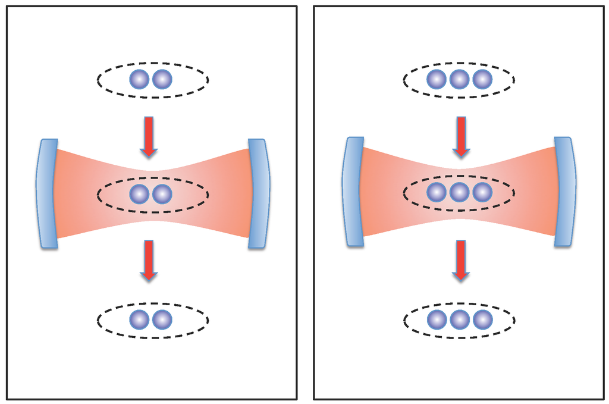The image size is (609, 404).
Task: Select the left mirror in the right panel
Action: [353, 191]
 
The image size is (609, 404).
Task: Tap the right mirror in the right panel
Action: [565, 191]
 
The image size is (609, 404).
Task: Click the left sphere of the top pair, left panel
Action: [139, 79]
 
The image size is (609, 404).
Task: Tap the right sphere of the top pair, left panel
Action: [162, 79]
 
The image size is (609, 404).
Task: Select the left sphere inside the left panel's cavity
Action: [139, 193]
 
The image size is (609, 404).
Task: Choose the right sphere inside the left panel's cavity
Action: [162, 193]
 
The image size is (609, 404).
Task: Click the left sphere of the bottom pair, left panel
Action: [139, 320]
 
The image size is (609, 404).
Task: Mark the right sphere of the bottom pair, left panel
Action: [162, 320]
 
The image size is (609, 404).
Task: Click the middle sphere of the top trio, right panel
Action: [459, 79]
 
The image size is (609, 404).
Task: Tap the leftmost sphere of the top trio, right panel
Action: [437, 79]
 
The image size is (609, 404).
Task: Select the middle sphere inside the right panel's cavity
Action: [459, 192]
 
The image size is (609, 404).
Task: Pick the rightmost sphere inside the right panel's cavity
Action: [482, 192]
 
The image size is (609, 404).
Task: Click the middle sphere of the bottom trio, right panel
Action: [459, 320]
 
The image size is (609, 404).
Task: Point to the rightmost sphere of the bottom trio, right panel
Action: [482, 320]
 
